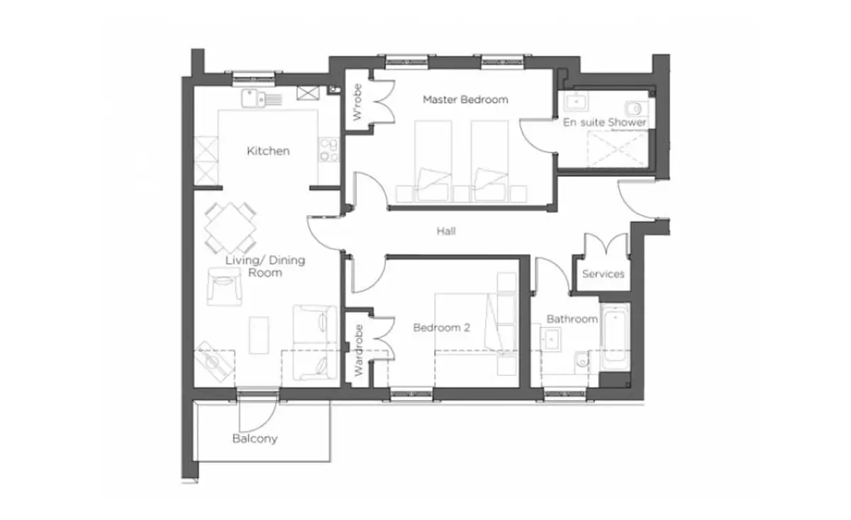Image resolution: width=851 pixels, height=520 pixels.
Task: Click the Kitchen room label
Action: click(x=268, y=151)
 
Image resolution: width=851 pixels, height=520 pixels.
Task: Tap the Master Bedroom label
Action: click(x=465, y=99)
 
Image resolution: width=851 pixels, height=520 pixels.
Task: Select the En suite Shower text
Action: click(x=604, y=123)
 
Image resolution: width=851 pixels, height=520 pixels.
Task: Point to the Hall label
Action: click(x=446, y=231)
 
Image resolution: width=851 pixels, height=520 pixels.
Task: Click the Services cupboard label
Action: click(x=604, y=274)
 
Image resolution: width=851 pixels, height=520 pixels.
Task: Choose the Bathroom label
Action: click(x=572, y=319)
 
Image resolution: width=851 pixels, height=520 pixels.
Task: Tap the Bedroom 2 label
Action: click(x=441, y=328)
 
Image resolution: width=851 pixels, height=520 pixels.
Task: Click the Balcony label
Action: click(x=255, y=438)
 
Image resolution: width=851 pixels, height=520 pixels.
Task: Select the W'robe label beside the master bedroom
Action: click(x=357, y=102)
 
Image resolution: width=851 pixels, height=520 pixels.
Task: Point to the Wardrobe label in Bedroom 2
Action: click(x=358, y=350)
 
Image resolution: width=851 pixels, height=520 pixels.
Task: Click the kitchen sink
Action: click(x=262, y=99)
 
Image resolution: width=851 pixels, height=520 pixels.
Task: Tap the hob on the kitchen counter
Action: click(x=328, y=150)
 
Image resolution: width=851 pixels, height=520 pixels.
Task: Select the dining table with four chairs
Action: click(x=230, y=228)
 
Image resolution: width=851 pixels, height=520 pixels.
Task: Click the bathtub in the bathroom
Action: click(x=615, y=336)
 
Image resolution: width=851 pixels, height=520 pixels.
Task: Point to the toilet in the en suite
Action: click(x=637, y=109)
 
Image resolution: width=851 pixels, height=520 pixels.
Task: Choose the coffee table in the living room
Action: click(x=259, y=336)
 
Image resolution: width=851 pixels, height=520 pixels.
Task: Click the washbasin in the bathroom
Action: click(x=551, y=339)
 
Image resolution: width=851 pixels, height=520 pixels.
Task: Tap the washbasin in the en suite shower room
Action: click(x=577, y=101)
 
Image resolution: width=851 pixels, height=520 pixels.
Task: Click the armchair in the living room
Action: click(x=224, y=286)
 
